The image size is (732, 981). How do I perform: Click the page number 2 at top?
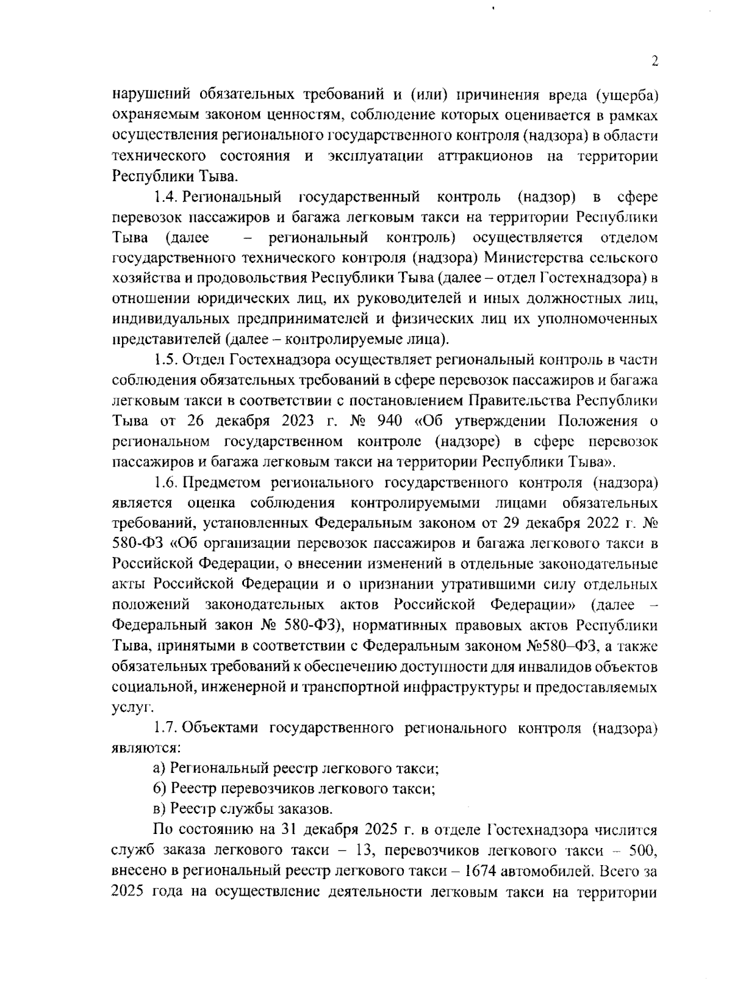(x=655, y=62)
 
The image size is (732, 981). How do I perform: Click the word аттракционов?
(x=485, y=156)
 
